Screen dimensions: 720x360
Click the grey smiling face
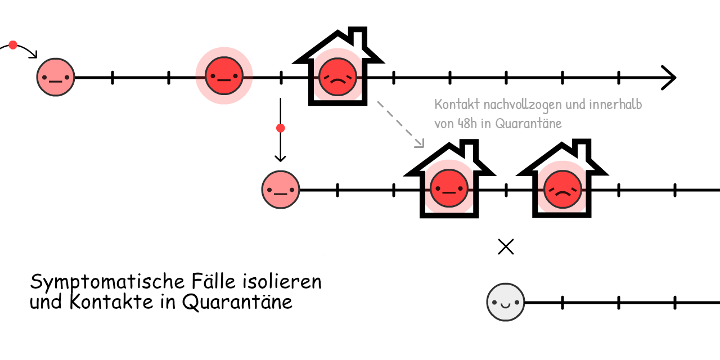506,302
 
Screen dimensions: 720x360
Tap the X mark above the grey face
506,247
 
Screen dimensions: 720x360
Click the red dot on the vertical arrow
281,128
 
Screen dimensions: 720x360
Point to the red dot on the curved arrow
13,45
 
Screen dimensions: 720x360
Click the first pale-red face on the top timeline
56,77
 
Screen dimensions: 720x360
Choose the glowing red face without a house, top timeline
224,76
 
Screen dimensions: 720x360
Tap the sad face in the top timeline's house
337,77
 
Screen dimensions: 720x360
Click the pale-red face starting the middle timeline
281,190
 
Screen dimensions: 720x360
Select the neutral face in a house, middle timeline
449,188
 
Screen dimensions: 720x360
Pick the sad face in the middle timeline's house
562,190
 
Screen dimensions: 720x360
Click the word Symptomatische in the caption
107,282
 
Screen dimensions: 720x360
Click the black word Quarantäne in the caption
237,302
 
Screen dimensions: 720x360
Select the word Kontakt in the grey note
457,105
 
